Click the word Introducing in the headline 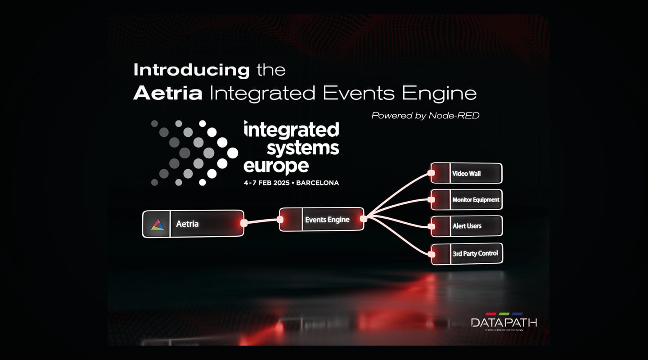tap(191, 70)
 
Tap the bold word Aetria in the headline tap(168, 93)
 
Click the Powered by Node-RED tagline tap(425, 116)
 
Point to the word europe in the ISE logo tap(276, 166)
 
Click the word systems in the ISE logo tap(303, 148)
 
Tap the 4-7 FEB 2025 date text tap(266, 183)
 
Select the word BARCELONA tap(317, 183)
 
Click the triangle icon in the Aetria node tap(157, 224)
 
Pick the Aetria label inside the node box tap(187, 224)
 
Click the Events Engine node tap(321, 219)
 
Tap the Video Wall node tap(466, 173)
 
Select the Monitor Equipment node tap(467, 199)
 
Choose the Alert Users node tap(467, 226)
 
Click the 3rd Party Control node tap(467, 254)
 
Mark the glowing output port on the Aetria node tap(244, 223)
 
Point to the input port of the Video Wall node tap(431, 173)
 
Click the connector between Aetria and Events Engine tap(262, 221)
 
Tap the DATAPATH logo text tap(504, 323)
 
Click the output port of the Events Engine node tap(364, 219)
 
